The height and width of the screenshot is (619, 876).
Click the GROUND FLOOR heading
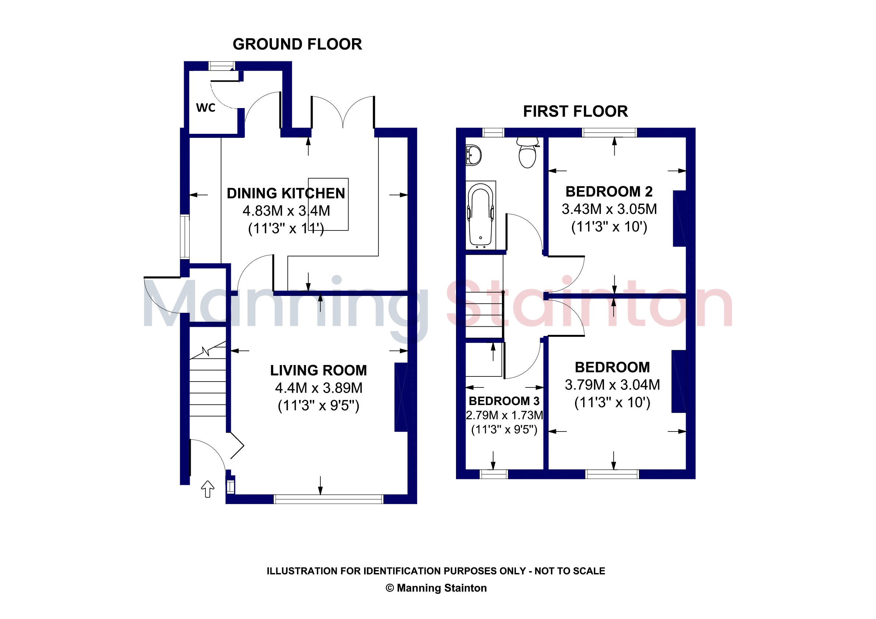(x=297, y=44)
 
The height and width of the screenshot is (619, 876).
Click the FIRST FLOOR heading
(x=575, y=111)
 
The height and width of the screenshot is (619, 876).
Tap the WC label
(x=206, y=108)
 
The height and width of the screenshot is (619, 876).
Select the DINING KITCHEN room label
(x=286, y=193)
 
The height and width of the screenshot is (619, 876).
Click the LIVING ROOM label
(x=319, y=370)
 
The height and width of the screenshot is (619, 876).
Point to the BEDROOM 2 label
(x=609, y=191)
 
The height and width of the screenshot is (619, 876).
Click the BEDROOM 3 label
(x=504, y=401)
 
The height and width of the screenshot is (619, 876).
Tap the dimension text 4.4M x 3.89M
(x=319, y=388)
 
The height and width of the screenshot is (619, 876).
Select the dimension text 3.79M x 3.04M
(x=613, y=385)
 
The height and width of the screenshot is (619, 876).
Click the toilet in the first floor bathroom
(x=528, y=152)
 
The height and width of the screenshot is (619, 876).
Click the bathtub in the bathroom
(x=481, y=215)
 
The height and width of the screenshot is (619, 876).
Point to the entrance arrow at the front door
(x=208, y=489)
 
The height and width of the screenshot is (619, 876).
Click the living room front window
(x=328, y=499)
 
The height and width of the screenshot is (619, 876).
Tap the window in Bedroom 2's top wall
(x=610, y=132)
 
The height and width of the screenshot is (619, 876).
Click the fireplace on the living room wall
(x=401, y=397)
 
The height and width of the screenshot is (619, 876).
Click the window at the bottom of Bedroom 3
(x=494, y=474)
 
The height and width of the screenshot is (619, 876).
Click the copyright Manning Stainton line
(x=436, y=588)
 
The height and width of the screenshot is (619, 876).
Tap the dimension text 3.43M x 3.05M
(x=609, y=209)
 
